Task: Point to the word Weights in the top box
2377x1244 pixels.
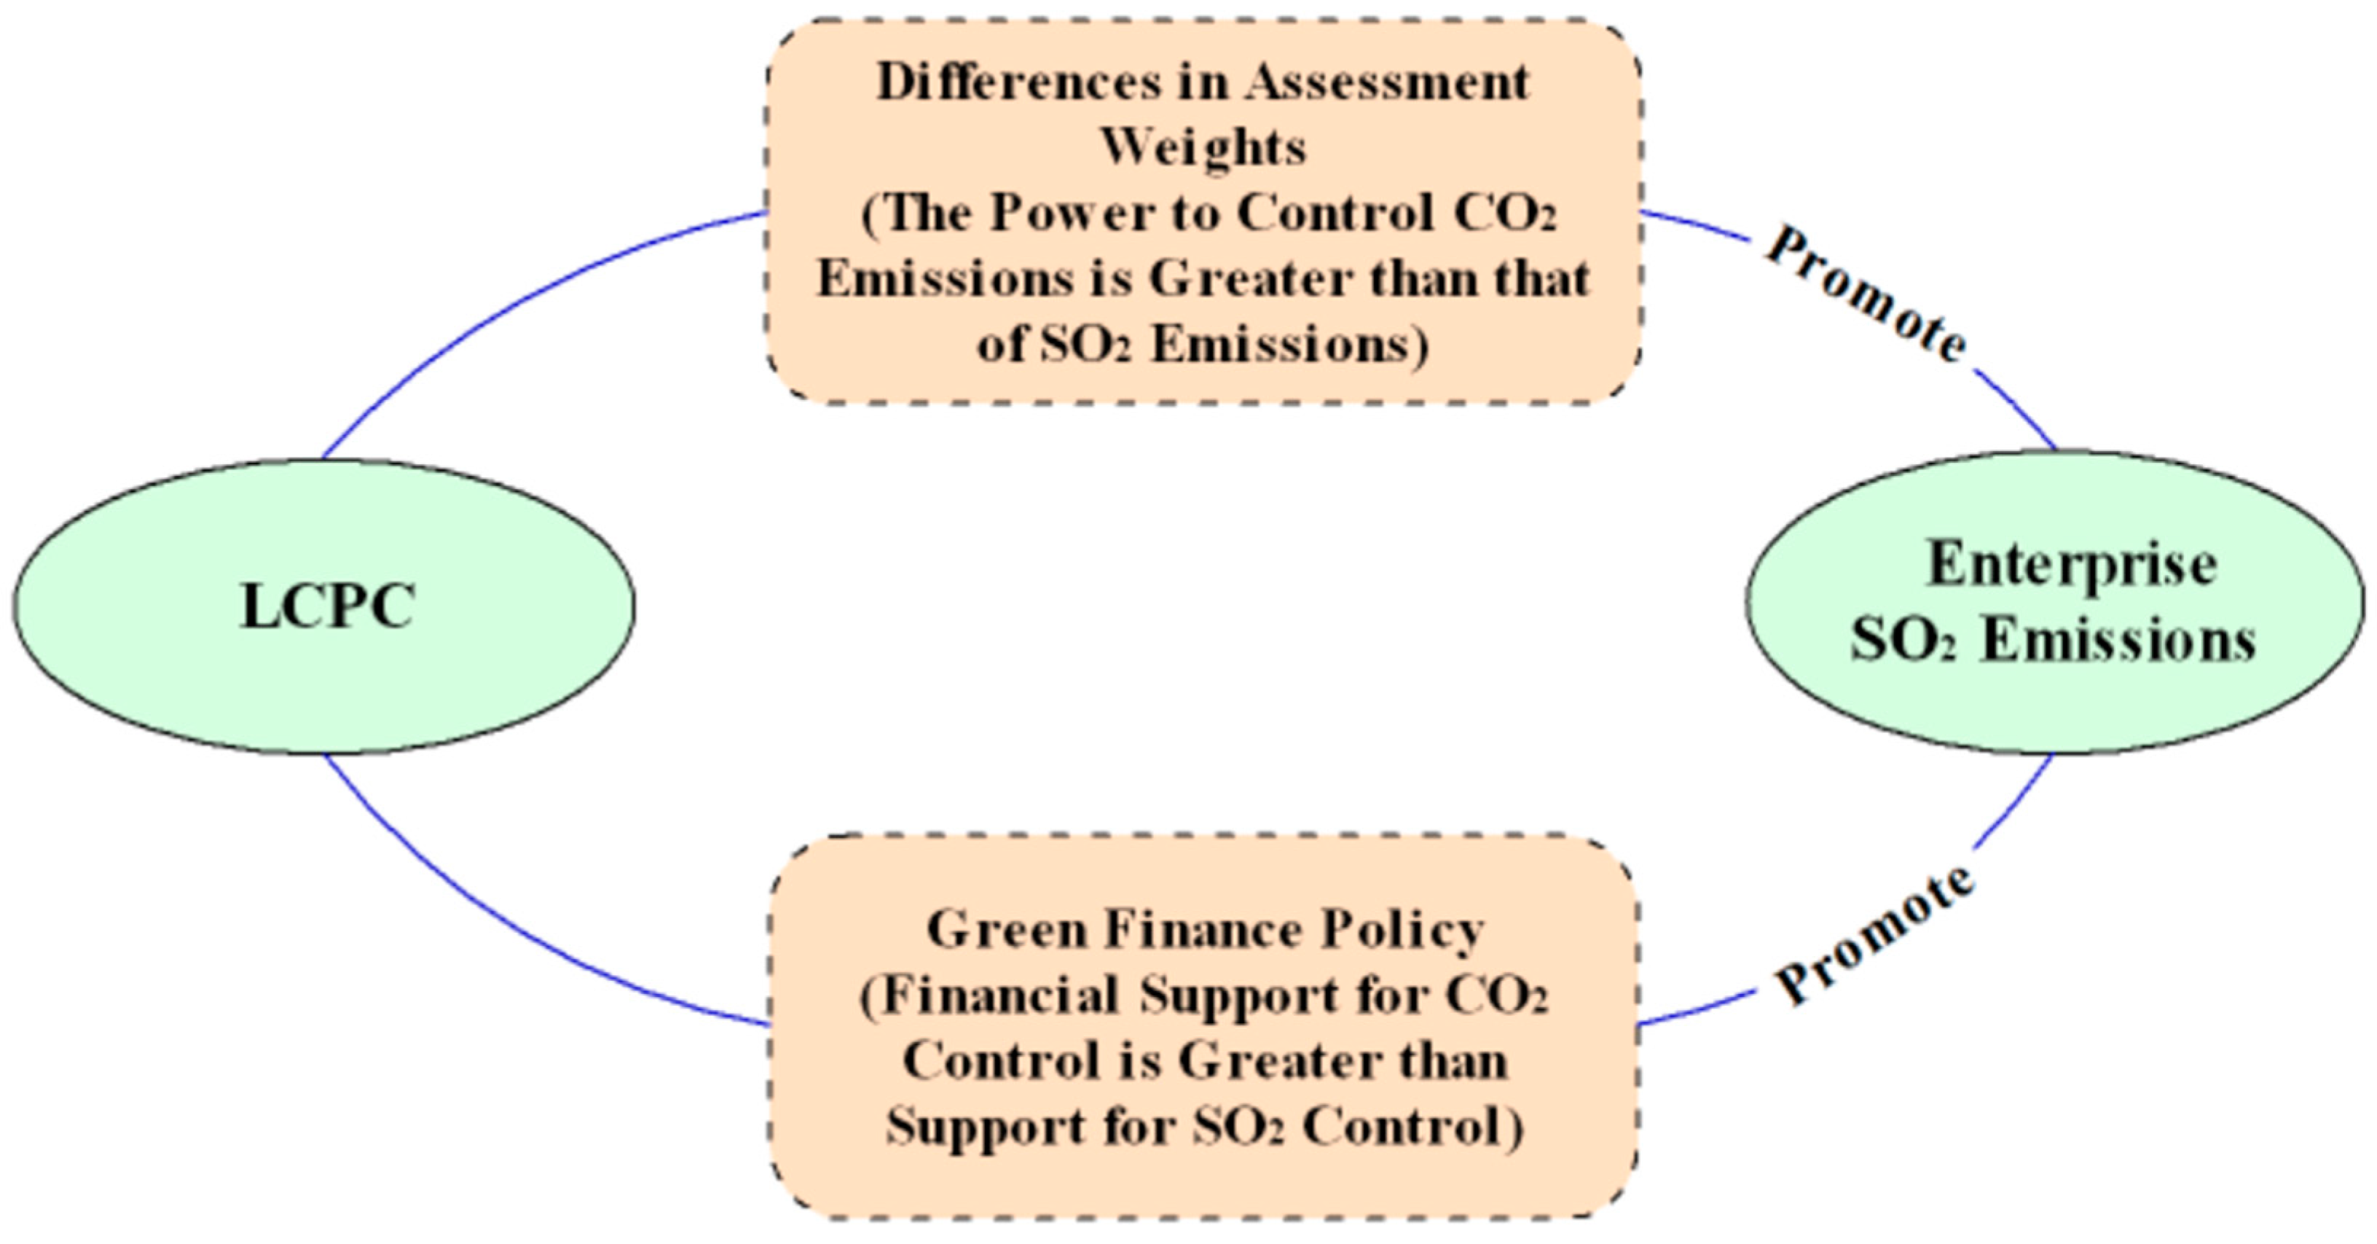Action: (x=1204, y=148)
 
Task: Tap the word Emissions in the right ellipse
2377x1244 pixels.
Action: (x=2118, y=641)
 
